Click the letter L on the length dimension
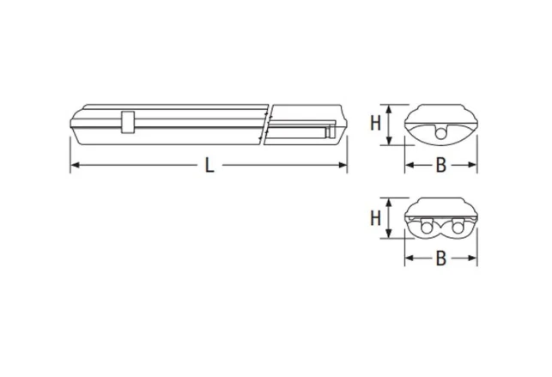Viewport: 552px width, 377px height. click(209, 166)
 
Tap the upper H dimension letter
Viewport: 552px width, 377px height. click(375, 123)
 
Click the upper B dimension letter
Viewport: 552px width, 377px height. click(440, 166)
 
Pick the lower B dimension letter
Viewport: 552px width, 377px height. click(440, 258)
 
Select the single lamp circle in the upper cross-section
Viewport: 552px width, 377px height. click(440, 133)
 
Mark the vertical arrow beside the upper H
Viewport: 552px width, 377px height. click(391, 125)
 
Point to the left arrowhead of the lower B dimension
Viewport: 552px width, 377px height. click(409, 258)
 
